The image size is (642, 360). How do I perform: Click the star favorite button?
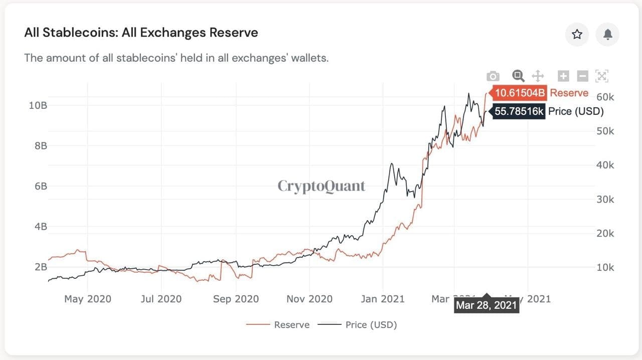pos(577,34)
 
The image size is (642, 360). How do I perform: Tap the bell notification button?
pos(607,34)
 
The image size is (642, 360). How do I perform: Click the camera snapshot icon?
pos(493,76)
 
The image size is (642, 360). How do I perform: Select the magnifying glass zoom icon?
pos(518,76)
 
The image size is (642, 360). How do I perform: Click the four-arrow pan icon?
pos(538,76)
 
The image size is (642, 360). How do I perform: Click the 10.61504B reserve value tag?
pos(520,93)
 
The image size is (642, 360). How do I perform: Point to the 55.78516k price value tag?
pos(519,111)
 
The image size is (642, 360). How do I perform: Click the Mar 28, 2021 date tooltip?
pos(486,305)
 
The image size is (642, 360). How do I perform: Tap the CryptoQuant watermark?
pos(322,187)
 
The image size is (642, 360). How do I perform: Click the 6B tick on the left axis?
pos(41,186)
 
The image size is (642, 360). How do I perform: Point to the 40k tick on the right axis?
pos(605,165)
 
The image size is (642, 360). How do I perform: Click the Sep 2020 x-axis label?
pos(236,299)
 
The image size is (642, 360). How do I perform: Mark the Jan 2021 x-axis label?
pos(383,299)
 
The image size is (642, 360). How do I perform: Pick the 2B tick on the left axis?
pos(41,267)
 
